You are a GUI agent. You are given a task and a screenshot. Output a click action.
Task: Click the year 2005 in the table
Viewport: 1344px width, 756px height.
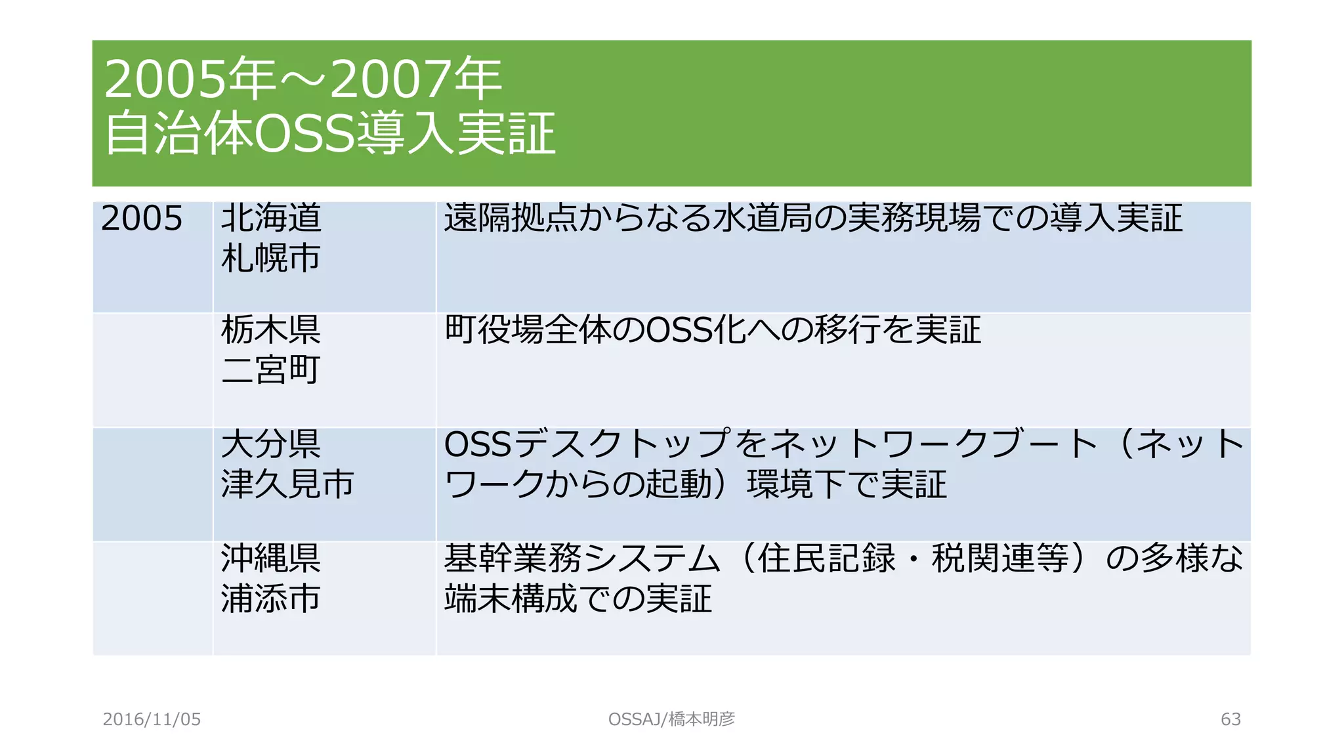142,219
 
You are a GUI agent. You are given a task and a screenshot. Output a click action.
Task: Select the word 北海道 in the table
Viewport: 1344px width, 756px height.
271,218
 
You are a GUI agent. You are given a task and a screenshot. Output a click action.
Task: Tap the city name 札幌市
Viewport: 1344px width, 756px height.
270,258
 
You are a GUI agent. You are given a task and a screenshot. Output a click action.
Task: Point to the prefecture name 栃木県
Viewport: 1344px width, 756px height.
270,329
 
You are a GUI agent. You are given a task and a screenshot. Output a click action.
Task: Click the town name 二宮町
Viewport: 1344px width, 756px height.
270,369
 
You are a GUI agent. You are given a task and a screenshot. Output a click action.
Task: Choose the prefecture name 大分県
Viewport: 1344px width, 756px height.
270,444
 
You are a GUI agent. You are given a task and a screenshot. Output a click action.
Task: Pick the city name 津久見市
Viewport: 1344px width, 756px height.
287,484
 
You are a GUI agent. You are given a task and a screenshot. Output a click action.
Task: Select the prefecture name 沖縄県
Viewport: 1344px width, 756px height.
270,558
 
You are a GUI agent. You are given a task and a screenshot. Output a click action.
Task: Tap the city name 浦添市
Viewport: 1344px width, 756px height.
270,598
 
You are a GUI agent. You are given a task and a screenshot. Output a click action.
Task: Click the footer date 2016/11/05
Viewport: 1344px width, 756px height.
152,719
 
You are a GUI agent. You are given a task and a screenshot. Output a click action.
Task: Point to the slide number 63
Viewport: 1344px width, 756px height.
1230,719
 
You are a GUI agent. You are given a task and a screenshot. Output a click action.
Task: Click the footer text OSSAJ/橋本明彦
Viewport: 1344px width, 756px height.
671,719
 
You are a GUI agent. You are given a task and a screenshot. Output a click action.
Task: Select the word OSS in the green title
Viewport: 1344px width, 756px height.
304,133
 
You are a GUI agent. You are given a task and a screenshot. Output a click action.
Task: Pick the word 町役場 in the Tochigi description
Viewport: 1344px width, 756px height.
494,329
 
